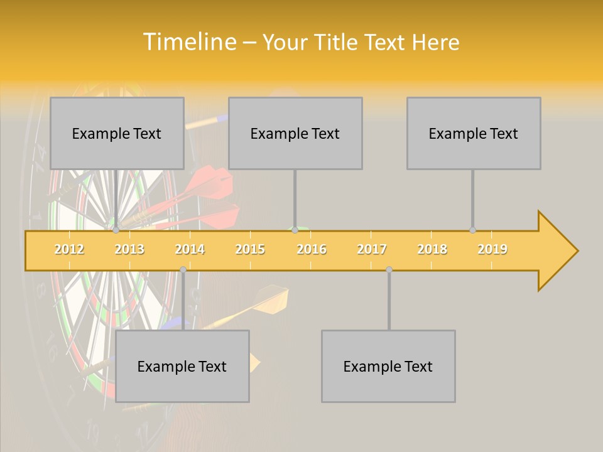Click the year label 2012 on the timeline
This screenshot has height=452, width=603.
pyautogui.click(x=69, y=249)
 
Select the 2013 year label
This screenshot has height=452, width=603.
pyautogui.click(x=129, y=249)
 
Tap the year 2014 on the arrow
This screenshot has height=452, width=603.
pyautogui.click(x=190, y=249)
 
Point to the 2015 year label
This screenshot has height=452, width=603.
pyautogui.click(x=250, y=249)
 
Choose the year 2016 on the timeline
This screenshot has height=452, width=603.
pyautogui.click(x=312, y=249)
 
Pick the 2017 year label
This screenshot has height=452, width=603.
pyautogui.click(x=372, y=249)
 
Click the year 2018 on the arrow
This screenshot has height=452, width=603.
pyautogui.click(x=432, y=249)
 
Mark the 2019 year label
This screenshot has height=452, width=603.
pyautogui.click(x=492, y=249)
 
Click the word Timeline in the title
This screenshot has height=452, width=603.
pyautogui.click(x=188, y=42)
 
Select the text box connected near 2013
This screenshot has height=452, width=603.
pyautogui.click(x=117, y=133)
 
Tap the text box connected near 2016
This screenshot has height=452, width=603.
pyautogui.click(x=295, y=133)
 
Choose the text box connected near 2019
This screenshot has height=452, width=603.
pyautogui.click(x=474, y=133)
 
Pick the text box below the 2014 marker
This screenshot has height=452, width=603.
pyautogui.click(x=182, y=366)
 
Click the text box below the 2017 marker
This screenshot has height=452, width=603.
pyautogui.click(x=388, y=366)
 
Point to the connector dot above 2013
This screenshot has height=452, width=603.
pyautogui.click(x=116, y=230)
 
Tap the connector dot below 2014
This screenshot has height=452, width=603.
pyautogui.click(x=183, y=269)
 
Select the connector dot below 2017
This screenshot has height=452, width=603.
pyautogui.click(x=389, y=269)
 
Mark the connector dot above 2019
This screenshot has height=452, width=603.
pyautogui.click(x=472, y=230)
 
